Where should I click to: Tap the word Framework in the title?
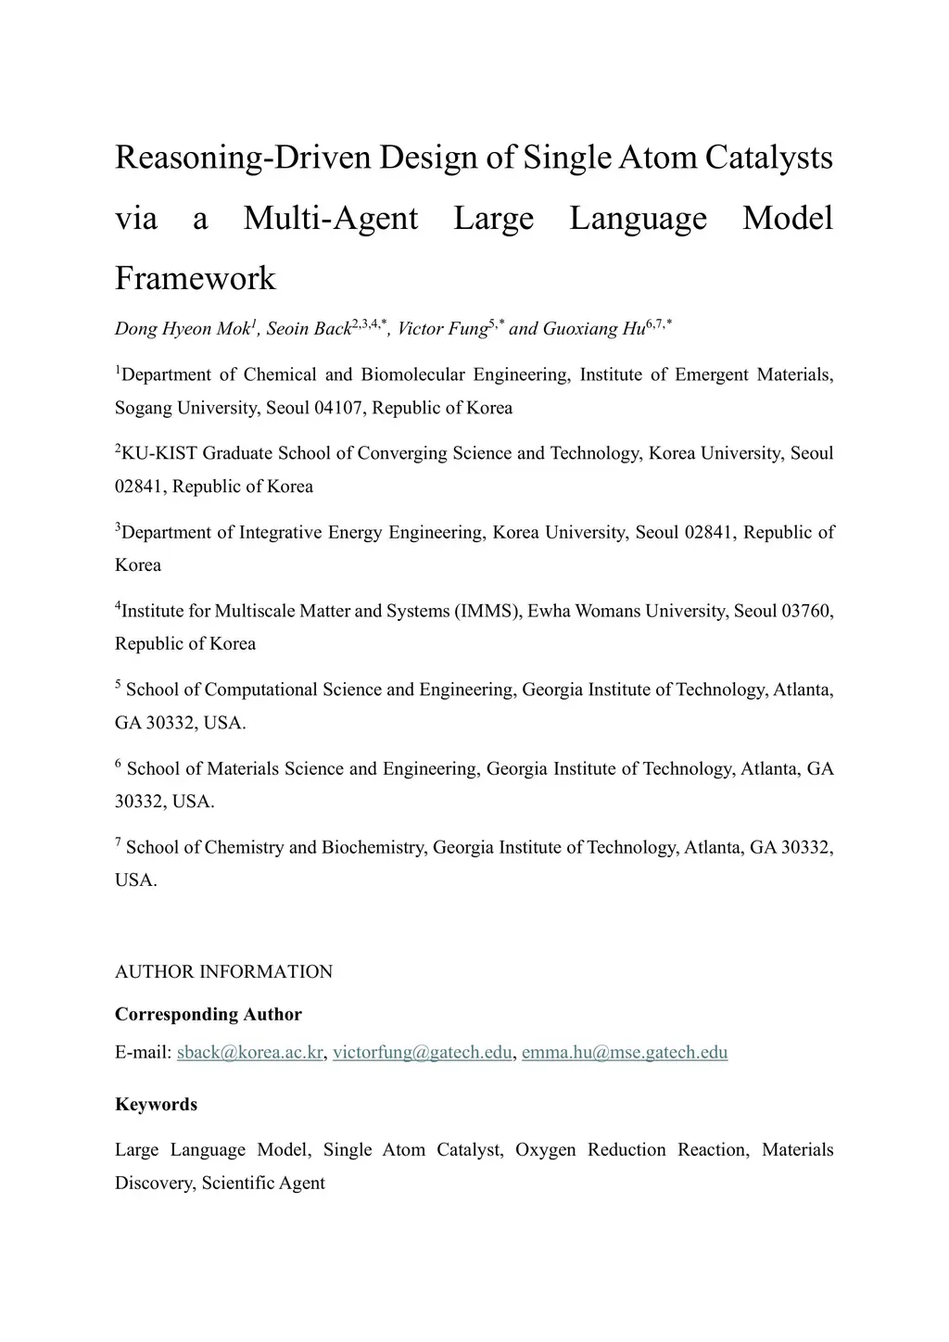pyautogui.click(x=196, y=278)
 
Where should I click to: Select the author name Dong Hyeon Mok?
pyautogui.click(x=183, y=329)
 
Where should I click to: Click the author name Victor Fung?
pyautogui.click(x=442, y=329)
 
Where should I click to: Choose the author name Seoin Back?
pyautogui.click(x=309, y=329)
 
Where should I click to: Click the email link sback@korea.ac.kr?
pyautogui.click(x=249, y=1052)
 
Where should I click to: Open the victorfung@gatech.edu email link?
pyautogui.click(x=422, y=1052)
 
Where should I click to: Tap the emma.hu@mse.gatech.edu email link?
pyautogui.click(x=625, y=1052)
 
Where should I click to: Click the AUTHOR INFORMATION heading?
pyautogui.click(x=223, y=971)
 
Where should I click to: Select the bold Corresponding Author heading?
pyautogui.click(x=209, y=1014)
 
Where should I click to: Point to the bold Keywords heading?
pyautogui.click(x=156, y=1104)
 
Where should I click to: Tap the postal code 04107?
pyautogui.click(x=338, y=408)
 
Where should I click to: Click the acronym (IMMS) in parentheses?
pyautogui.click(x=488, y=611)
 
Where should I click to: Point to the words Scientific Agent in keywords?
pyautogui.click(x=263, y=1183)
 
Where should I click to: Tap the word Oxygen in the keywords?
pyautogui.click(x=545, y=1150)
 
